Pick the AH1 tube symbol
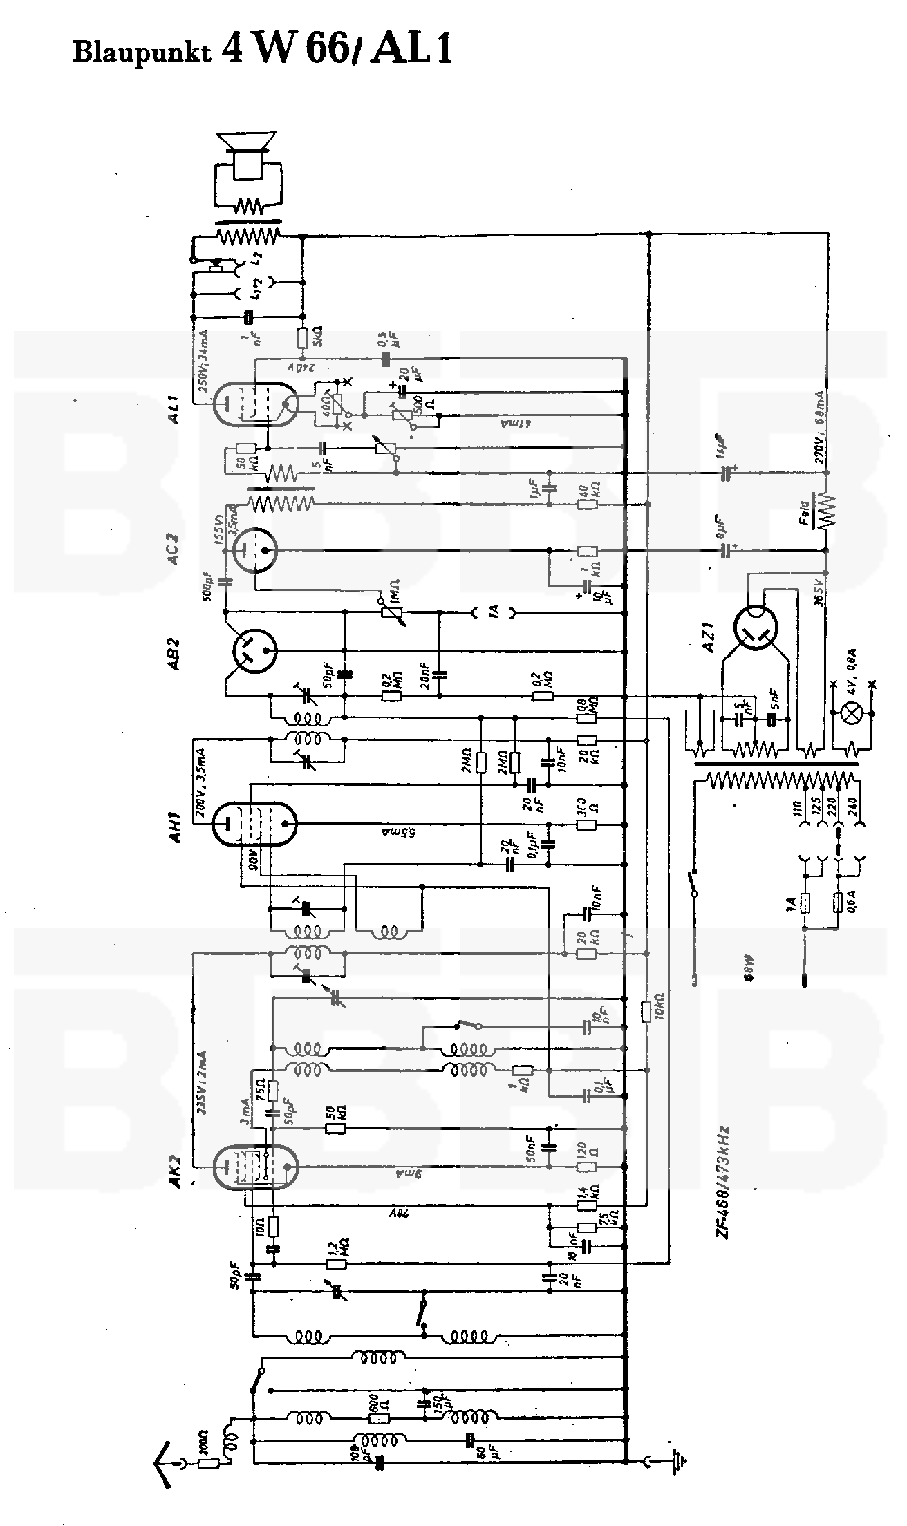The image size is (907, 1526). click(x=254, y=822)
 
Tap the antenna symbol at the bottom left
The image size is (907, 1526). click(x=166, y=1462)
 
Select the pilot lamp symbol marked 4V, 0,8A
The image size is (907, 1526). click(x=854, y=715)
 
